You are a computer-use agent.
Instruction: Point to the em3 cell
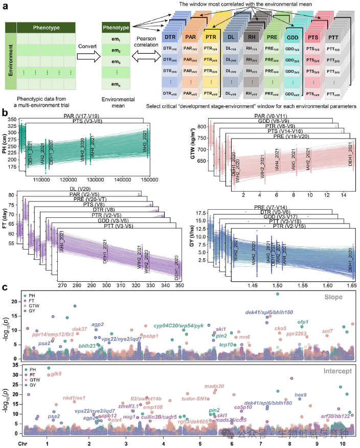119,62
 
